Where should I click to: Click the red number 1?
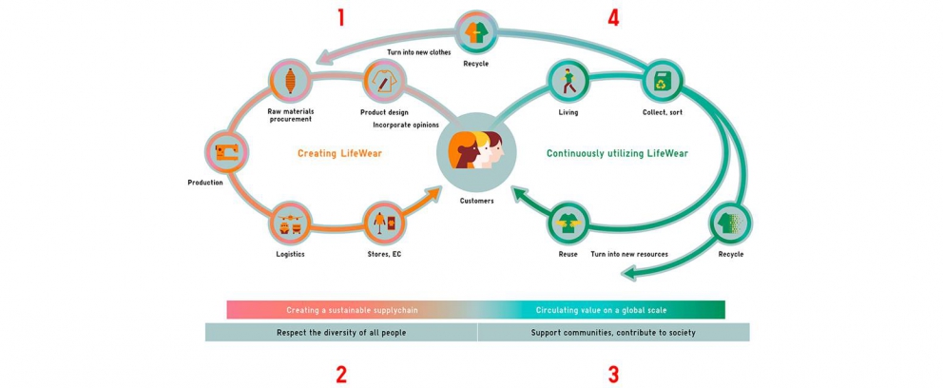pyautogui.click(x=340, y=18)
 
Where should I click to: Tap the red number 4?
pyautogui.click(x=613, y=18)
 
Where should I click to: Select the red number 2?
pyautogui.click(x=340, y=374)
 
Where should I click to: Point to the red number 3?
pyautogui.click(x=613, y=374)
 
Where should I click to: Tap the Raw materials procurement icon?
pyautogui.click(x=290, y=81)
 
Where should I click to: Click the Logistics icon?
pyautogui.click(x=290, y=223)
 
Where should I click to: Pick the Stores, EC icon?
pyautogui.click(x=384, y=223)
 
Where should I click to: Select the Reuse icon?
pyautogui.click(x=568, y=223)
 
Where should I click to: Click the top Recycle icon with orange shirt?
pyautogui.click(x=475, y=32)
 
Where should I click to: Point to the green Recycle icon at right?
pyautogui.click(x=730, y=223)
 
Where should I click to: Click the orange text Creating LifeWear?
pyautogui.click(x=339, y=153)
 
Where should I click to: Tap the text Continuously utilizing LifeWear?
pyautogui.click(x=617, y=153)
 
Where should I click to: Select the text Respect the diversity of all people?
pyautogui.click(x=341, y=333)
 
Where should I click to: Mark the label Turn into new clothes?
pyautogui.click(x=418, y=52)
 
